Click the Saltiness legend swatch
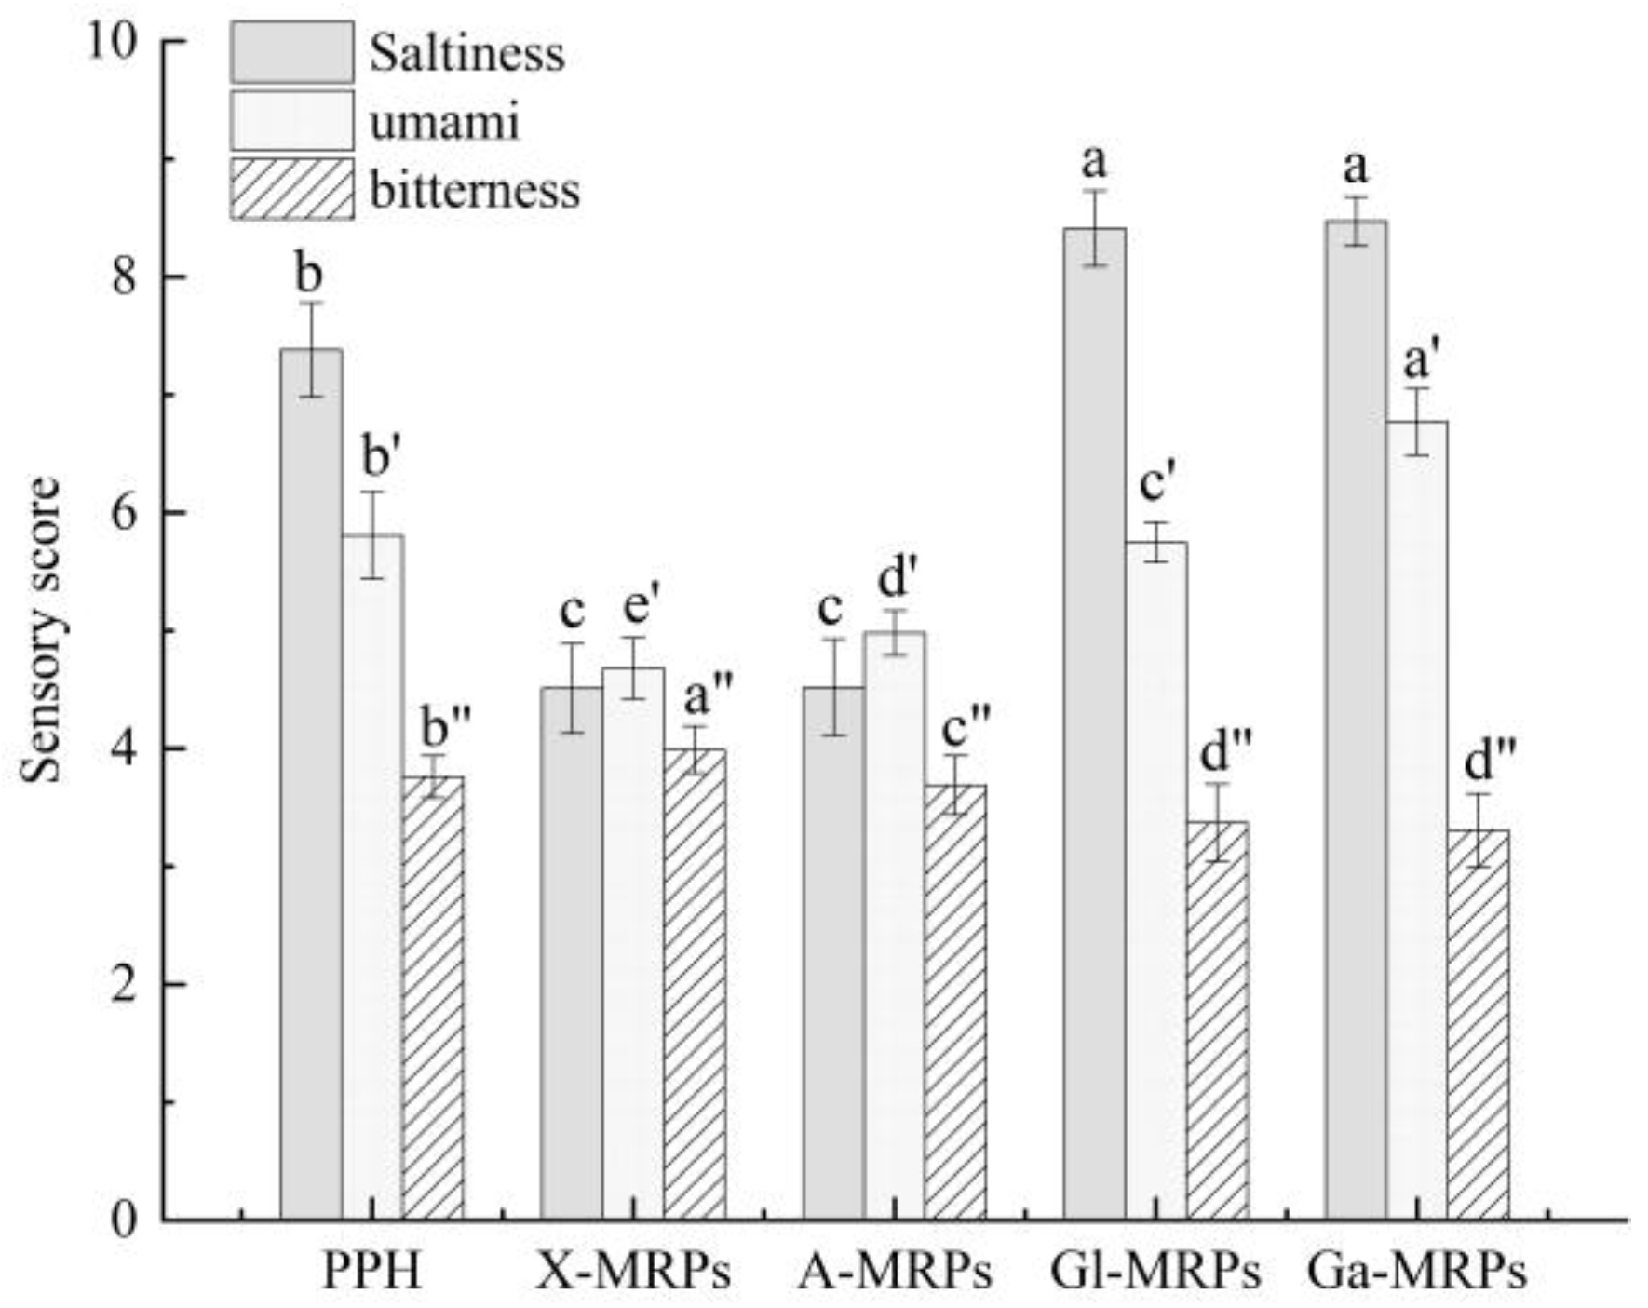coord(291,52)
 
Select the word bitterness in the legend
coord(474,190)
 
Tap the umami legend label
coord(444,122)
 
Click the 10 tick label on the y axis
coord(111,42)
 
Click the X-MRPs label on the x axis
coord(633,1271)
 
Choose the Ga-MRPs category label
coord(1416,1271)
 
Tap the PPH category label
coord(372,1271)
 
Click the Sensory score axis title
coord(43,630)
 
